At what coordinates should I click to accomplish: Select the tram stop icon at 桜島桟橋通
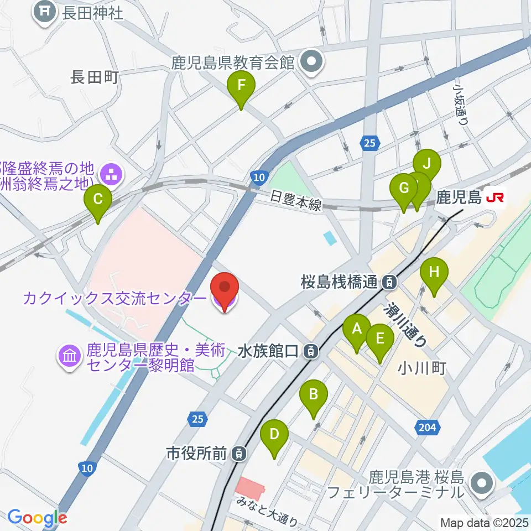[x=390, y=282]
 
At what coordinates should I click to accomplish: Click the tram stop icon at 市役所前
[x=238, y=454]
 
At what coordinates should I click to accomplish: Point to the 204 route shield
[x=428, y=426]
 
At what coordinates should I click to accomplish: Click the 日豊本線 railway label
[x=296, y=200]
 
